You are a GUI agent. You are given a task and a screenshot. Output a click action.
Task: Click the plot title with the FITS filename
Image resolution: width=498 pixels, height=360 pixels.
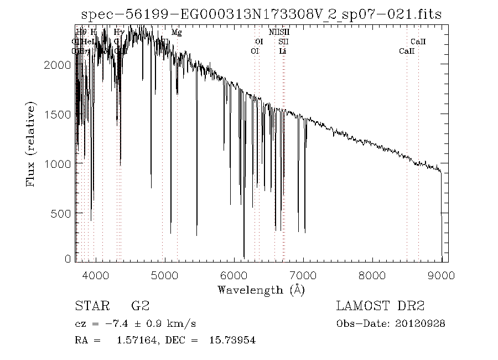pyautogui.click(x=261, y=14)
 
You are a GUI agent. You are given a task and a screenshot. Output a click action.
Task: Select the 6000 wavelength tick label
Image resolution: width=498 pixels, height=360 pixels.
pyautogui.click(x=234, y=274)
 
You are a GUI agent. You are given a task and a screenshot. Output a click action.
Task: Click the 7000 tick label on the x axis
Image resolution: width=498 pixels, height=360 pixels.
pyautogui.click(x=303, y=274)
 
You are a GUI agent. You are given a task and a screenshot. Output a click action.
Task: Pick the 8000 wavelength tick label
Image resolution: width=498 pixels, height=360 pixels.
pyautogui.click(x=372, y=274)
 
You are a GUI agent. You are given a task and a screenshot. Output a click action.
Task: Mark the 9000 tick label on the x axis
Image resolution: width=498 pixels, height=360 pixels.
pyautogui.click(x=441, y=274)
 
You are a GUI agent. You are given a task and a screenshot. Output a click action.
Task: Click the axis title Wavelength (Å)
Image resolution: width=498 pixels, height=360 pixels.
pyautogui.click(x=261, y=290)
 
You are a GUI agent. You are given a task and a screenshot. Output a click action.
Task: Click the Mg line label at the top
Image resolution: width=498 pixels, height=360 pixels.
pyautogui.click(x=177, y=33)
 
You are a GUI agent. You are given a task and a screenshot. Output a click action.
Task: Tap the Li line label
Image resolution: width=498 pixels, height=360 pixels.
pyautogui.click(x=283, y=51)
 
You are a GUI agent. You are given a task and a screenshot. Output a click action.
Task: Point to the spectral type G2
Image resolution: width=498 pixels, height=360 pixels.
pyautogui.click(x=139, y=306)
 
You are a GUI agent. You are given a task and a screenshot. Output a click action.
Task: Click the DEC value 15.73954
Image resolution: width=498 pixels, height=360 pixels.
pyautogui.click(x=232, y=340)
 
